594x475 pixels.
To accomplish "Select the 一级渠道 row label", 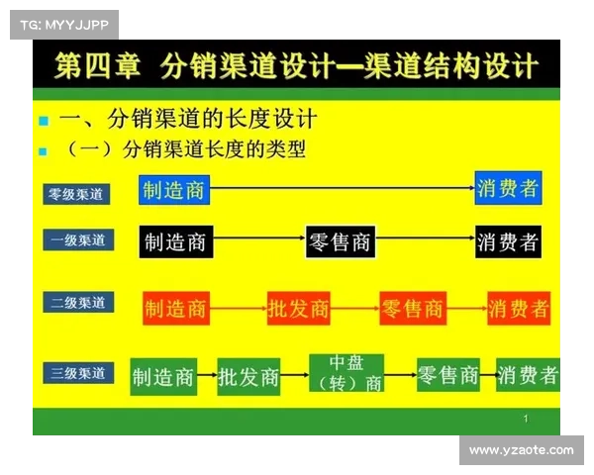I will click(x=76, y=240).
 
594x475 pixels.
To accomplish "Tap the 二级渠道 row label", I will click(x=76, y=303).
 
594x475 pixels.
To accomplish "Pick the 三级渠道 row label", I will click(x=76, y=373).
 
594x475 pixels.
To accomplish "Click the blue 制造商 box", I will click(x=173, y=189).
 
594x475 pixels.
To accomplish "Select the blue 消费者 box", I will click(x=507, y=188).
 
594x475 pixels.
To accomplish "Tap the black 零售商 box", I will click(x=340, y=240).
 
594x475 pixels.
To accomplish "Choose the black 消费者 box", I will click(x=507, y=240).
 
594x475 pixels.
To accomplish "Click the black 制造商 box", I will click(x=175, y=240).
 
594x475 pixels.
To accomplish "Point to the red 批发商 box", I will click(x=298, y=309).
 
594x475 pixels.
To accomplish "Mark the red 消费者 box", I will click(x=519, y=309).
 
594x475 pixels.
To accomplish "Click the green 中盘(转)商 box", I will click(x=346, y=373).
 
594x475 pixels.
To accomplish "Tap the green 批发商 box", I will click(x=248, y=376).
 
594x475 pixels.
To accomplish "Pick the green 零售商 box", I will click(x=448, y=375).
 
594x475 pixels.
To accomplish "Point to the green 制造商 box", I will click(x=163, y=376).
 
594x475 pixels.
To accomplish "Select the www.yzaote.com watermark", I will click(x=521, y=450).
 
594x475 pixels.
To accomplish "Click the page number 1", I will click(x=525, y=420).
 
